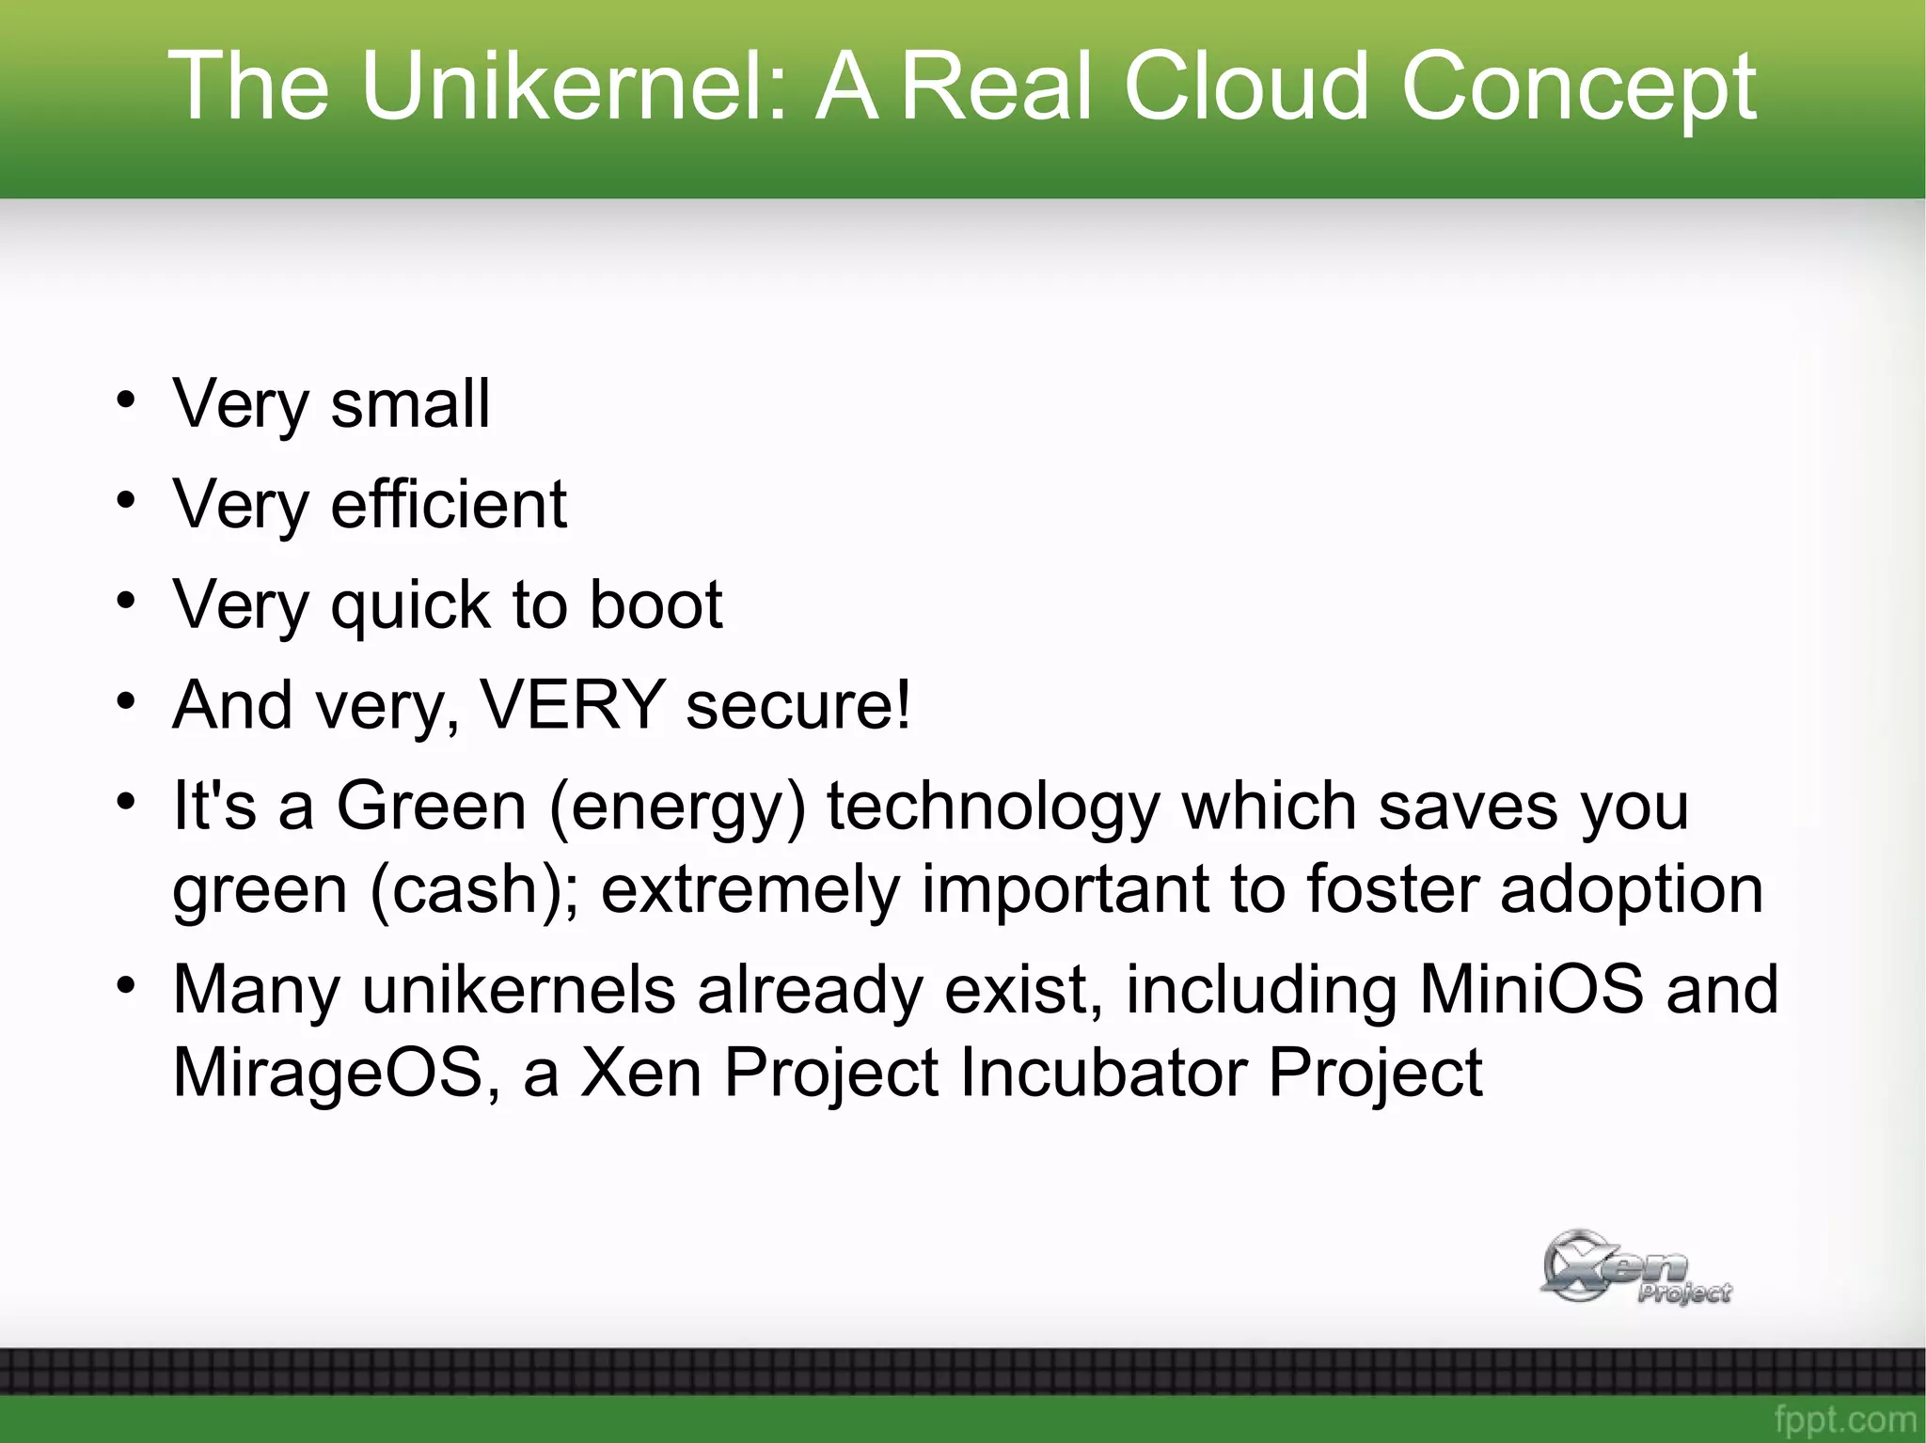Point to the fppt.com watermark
click(x=1844, y=1419)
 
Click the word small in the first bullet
click(x=410, y=403)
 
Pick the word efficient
click(x=449, y=504)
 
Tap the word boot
click(x=655, y=604)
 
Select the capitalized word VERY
click(x=572, y=704)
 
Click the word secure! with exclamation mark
click(x=798, y=706)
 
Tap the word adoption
click(x=1631, y=890)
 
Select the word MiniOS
click(x=1531, y=989)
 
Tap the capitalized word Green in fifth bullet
click(x=432, y=807)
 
